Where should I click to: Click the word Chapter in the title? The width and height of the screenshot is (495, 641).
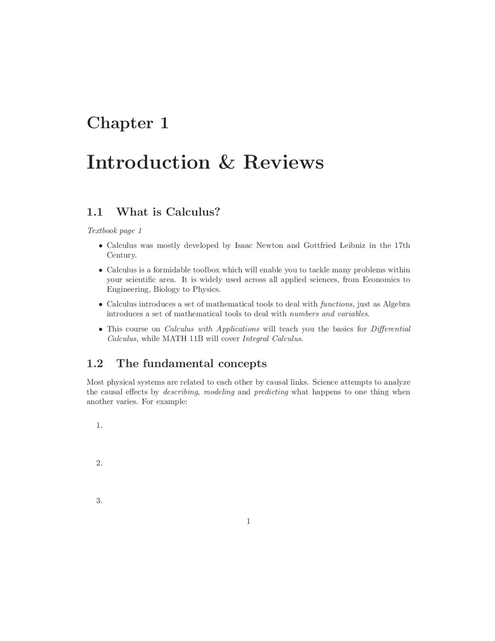pos(120,123)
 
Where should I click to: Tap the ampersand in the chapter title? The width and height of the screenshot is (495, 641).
pos(226,162)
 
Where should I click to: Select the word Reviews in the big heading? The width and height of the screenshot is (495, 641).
pos(283,162)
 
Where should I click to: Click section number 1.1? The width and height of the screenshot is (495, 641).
pos(95,212)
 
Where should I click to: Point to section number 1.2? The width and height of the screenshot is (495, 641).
pos(95,363)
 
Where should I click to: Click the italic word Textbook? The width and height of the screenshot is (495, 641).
pos(102,231)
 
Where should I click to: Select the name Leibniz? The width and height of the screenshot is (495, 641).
pos(352,245)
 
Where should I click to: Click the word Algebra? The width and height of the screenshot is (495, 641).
pos(396,304)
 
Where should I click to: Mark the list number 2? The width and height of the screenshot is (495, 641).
pos(99,463)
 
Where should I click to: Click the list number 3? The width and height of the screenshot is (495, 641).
pos(99,501)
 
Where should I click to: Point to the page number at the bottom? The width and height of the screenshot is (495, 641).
pos(248,521)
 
